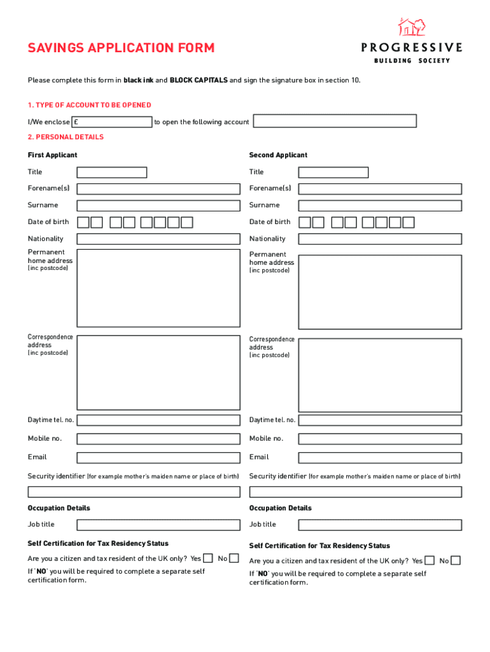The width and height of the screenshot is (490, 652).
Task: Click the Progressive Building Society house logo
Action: [x=411, y=27]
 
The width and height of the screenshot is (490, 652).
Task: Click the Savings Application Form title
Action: [x=121, y=48]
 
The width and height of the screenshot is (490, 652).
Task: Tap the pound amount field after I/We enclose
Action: [x=112, y=122]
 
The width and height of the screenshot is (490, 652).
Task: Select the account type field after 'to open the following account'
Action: [x=335, y=121]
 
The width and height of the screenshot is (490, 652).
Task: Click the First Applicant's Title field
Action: [x=112, y=172]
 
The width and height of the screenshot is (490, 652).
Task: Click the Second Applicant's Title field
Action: [x=333, y=172]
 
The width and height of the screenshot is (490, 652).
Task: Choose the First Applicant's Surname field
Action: [x=158, y=205]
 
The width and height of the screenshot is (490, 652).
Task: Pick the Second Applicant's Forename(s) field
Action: [x=380, y=188]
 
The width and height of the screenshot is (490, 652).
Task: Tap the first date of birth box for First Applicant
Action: [x=83, y=222]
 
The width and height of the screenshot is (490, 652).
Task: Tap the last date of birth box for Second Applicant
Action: [x=409, y=222]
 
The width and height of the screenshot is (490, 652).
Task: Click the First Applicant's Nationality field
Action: [x=158, y=239]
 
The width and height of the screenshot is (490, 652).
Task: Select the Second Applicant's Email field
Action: [x=380, y=457]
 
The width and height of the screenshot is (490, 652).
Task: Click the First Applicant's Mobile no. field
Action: [x=158, y=439]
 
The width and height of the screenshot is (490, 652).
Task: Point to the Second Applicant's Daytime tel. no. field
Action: [x=380, y=420]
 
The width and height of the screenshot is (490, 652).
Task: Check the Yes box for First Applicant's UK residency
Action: [x=208, y=558]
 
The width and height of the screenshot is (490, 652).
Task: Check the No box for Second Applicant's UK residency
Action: [x=456, y=560]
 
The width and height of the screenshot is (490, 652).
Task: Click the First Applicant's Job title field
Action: [x=158, y=525]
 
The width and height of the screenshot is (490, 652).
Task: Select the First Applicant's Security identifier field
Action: [x=134, y=492]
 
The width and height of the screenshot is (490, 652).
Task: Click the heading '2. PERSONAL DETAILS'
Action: [x=66, y=137]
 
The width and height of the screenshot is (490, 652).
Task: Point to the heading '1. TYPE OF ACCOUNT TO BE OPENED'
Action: [x=89, y=105]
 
